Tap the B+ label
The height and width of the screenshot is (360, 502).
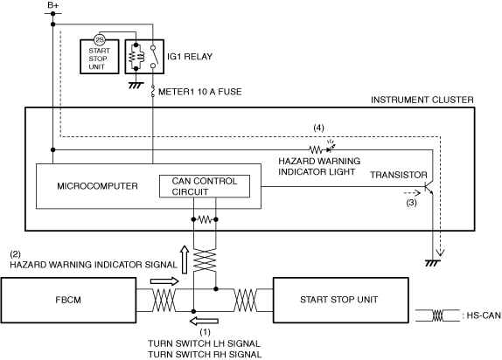pos(52,5)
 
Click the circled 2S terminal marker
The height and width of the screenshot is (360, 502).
pos(100,39)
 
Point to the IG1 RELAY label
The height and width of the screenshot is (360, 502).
pos(190,57)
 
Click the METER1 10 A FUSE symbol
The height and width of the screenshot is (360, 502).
pos(153,91)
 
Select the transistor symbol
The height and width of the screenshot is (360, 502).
pos(429,187)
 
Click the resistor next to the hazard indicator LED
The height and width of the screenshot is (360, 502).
pos(316,149)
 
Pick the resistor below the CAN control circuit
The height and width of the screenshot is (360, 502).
pos(205,219)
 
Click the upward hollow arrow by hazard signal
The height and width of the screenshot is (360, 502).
pos(185,260)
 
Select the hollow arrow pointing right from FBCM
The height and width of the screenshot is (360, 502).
pos(164,281)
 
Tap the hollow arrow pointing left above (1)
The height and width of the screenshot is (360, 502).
pos(205,321)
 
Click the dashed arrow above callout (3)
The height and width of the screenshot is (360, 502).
pos(412,193)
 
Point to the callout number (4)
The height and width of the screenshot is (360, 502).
pos(318,128)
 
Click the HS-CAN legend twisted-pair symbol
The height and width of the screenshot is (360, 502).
pos(437,315)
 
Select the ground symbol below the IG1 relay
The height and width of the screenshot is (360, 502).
pos(136,85)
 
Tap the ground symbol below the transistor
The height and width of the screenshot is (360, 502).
pos(433,263)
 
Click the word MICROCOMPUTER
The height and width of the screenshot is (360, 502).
pos(97,186)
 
